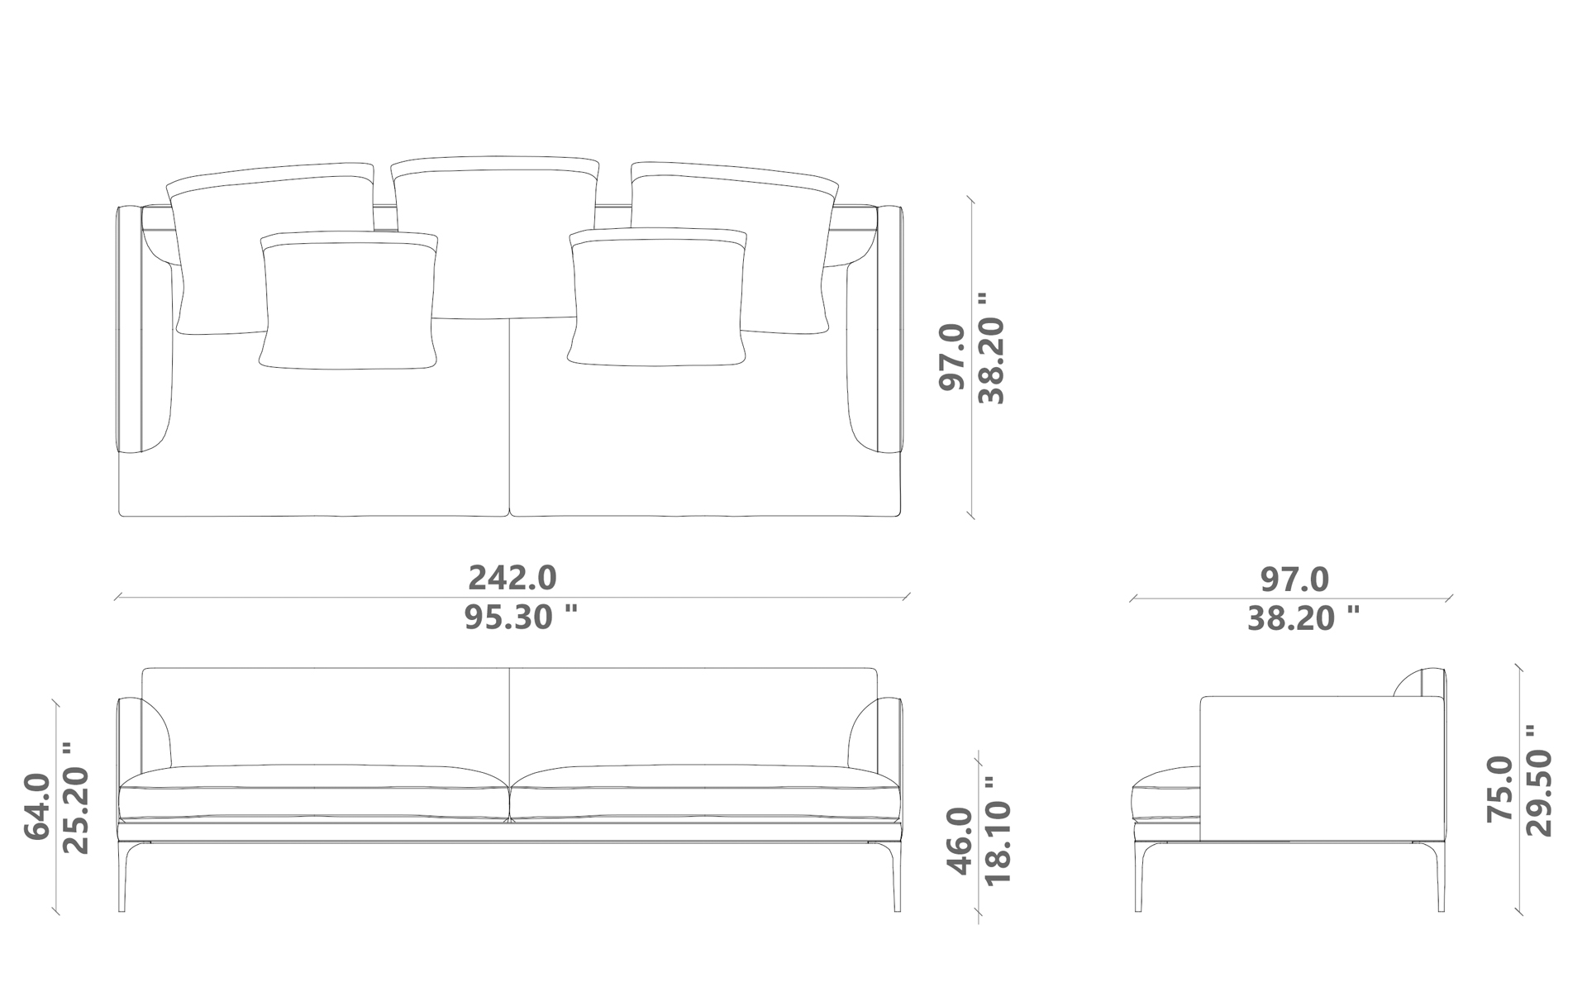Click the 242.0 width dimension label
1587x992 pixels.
(x=512, y=578)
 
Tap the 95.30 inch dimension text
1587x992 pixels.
(x=520, y=618)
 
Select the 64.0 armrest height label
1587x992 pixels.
(x=37, y=806)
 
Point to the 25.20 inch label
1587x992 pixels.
(x=76, y=798)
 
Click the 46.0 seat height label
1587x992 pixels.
(x=960, y=841)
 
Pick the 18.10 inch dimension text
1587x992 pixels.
(x=998, y=830)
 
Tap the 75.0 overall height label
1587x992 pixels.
(x=1500, y=789)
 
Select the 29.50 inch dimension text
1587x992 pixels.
(x=1539, y=781)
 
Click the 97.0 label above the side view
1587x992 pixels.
(x=1294, y=579)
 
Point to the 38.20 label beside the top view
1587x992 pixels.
(x=991, y=348)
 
